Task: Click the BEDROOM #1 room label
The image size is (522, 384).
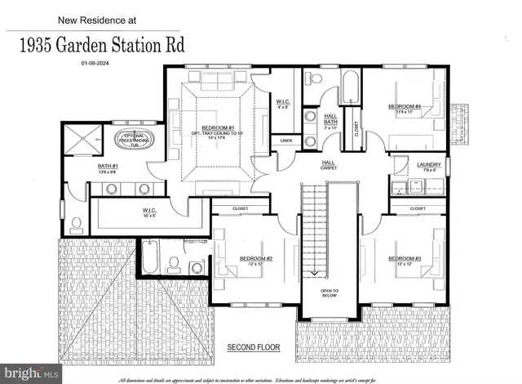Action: (x=219, y=128)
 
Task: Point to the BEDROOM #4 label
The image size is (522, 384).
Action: (x=405, y=106)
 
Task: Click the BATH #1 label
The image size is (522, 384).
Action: (x=108, y=168)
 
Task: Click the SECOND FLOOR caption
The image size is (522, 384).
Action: (x=253, y=347)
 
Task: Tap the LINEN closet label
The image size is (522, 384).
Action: (x=285, y=141)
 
